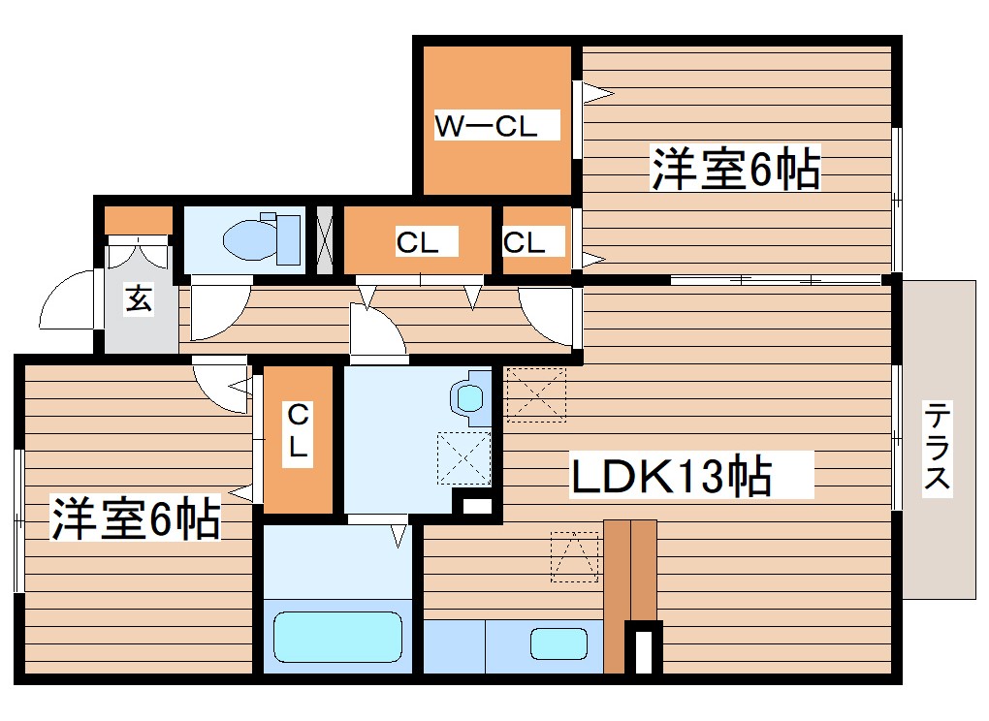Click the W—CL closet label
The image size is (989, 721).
pos(485,126)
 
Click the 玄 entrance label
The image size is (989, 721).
pos(139,300)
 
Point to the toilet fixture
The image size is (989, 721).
pos(262,237)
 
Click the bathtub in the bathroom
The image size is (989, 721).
pos(337,637)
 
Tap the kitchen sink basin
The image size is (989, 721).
pos(558,643)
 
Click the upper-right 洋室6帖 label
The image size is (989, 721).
pos(736,169)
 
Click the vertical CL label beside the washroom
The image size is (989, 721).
pos(298,432)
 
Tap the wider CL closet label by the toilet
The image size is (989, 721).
pos(417,243)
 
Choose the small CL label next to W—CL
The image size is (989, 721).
pos(525,242)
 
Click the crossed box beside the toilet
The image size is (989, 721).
pos(325,238)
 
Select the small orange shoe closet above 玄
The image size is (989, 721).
pos(138,221)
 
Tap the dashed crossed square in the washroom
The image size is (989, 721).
pos(463,457)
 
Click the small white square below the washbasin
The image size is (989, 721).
pos(473,505)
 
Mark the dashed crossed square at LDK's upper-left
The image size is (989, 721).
pos(535,394)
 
